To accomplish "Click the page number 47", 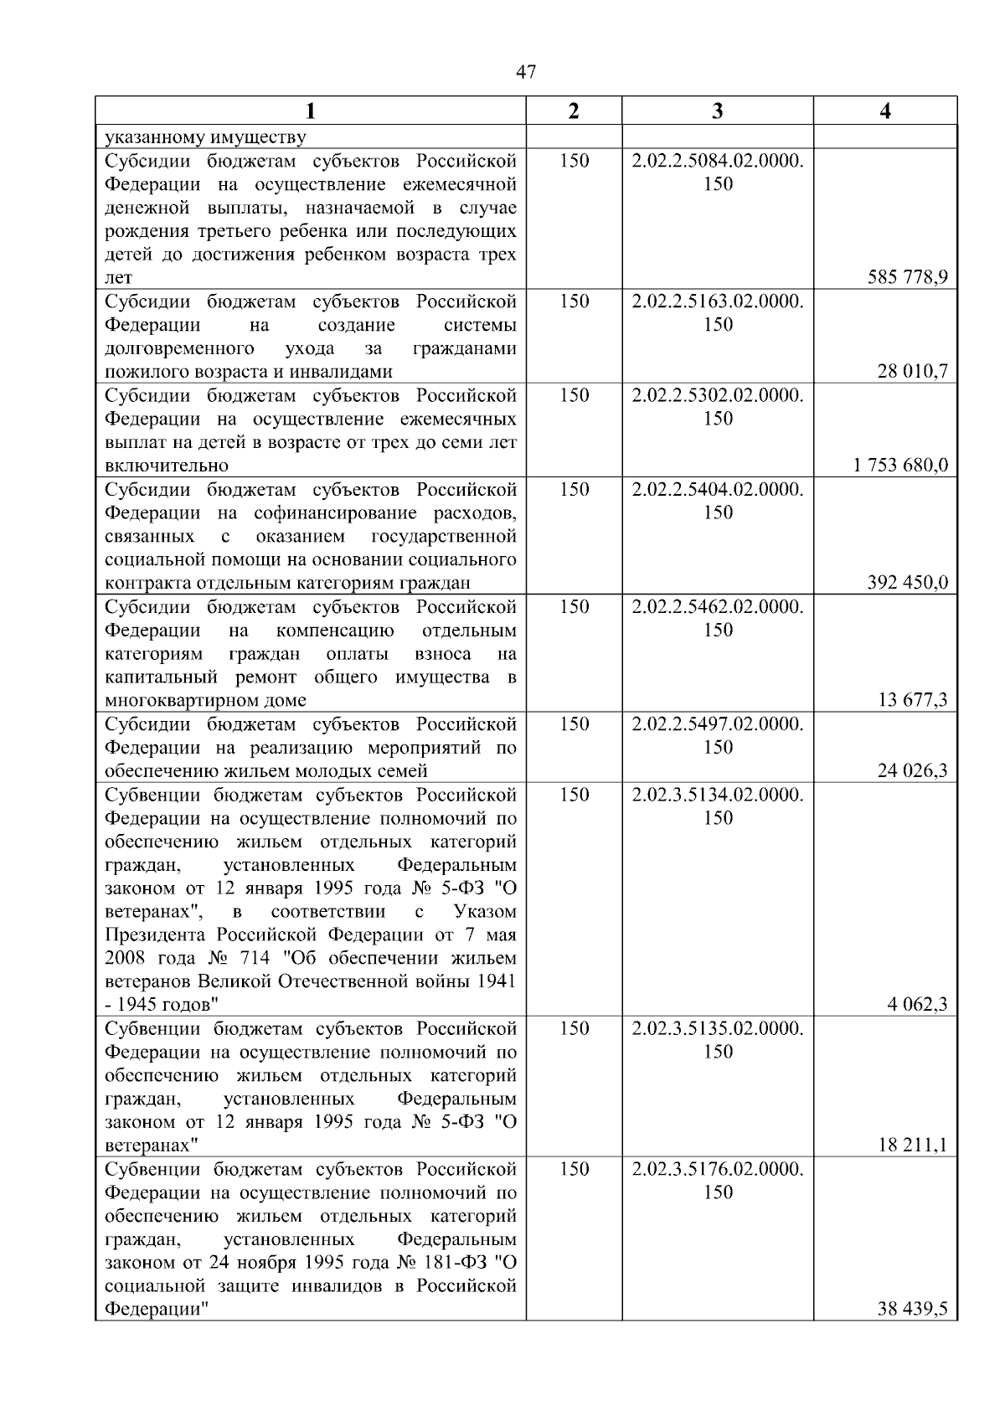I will pos(526,73).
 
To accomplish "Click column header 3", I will pos(717,111).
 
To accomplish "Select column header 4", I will pos(885,111).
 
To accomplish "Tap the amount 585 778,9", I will pos(908,278).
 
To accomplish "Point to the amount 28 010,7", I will pos(912,372).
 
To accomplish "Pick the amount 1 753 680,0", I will pos(900,466).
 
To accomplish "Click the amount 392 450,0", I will pos(908,583).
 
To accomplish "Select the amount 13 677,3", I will pos(912,700).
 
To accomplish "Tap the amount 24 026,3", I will pos(912,770).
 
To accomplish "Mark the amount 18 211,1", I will pos(912,1146).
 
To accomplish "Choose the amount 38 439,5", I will pos(912,1310).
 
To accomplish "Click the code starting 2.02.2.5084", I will pos(718,161).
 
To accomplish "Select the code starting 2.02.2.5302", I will pos(718,395).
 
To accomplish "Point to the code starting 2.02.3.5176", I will pos(718,1169).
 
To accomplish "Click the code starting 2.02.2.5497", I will pos(718,723).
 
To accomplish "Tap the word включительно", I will pos(167,466).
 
